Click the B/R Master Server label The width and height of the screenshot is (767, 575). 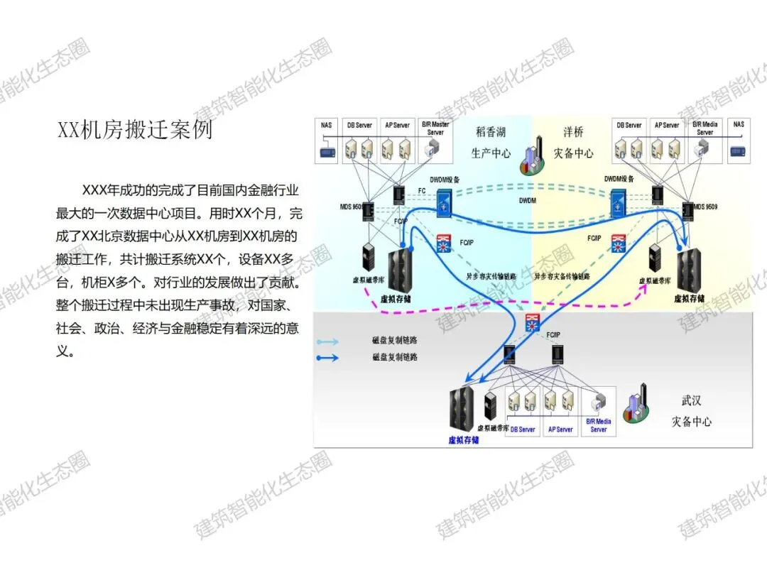(x=435, y=128)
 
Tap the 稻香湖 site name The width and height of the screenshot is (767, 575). (x=491, y=132)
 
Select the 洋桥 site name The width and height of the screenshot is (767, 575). (x=573, y=132)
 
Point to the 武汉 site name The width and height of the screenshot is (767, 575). (x=691, y=401)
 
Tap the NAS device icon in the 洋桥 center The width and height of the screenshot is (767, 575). (x=739, y=150)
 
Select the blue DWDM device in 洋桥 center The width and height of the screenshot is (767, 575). (x=618, y=203)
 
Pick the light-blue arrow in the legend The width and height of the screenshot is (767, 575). (x=327, y=341)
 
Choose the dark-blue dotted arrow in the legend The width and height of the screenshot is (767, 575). (x=327, y=358)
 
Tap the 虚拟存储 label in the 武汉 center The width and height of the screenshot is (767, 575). (x=463, y=440)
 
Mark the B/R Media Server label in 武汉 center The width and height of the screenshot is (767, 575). (x=599, y=425)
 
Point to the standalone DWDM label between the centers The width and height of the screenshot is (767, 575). (x=527, y=201)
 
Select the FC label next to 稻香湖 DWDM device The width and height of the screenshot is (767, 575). (x=421, y=191)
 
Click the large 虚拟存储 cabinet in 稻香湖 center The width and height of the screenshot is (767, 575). (x=402, y=270)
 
